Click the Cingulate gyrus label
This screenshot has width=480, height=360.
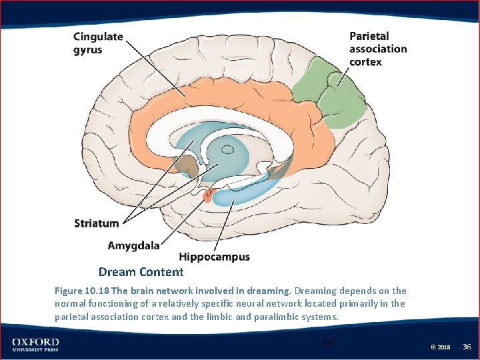pos(98,43)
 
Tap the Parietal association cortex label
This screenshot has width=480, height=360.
pos(377,49)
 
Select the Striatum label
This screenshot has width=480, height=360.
pos(97,223)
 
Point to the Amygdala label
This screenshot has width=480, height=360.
pos(133,245)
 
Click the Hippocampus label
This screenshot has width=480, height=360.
pos(214,257)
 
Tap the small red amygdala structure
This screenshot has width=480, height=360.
pos(208,195)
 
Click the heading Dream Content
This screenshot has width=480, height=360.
pos(141,271)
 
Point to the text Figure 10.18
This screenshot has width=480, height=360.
pos(82,291)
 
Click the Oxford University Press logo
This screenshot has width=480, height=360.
pos(35,344)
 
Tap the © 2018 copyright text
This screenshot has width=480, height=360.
pos(441,347)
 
